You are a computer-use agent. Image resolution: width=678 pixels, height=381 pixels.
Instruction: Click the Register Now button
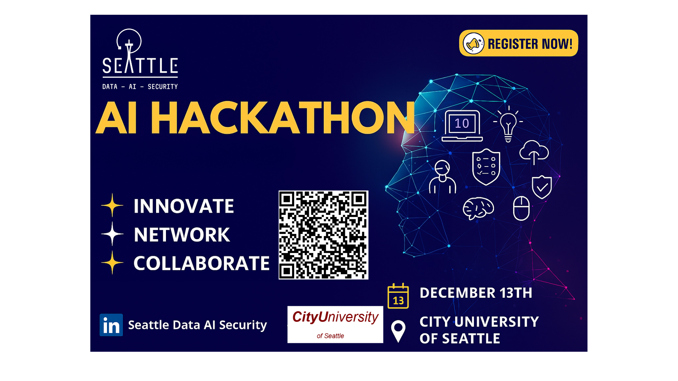pos(518,43)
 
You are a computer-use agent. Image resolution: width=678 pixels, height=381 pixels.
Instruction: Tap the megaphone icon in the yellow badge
pos(473,43)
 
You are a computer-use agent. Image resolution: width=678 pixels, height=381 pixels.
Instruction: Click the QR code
pos(323,235)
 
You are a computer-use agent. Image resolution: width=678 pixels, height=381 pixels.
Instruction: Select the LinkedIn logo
pos(111,325)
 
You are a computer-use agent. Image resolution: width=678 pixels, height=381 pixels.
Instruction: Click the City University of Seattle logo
pos(335,325)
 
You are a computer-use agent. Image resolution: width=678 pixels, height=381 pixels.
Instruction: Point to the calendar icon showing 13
pos(398,296)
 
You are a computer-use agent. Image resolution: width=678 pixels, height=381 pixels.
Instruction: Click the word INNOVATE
pos(184,206)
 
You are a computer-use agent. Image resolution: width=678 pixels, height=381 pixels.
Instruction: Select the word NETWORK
pos(182,235)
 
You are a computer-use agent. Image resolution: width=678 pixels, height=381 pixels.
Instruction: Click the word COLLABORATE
pos(202,263)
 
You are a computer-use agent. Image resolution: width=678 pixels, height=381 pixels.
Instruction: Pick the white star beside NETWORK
pos(112,234)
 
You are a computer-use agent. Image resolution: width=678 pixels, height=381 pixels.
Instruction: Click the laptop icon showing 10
pos(462,126)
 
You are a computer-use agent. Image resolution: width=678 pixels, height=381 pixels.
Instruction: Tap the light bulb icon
pos(508,124)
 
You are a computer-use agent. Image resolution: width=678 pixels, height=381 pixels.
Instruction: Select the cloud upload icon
pos(534,152)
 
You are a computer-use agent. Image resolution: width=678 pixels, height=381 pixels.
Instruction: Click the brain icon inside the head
pos(478,208)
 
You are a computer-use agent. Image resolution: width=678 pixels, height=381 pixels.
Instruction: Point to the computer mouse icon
pos(521,208)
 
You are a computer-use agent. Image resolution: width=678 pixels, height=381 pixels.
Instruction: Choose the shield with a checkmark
pos(542,187)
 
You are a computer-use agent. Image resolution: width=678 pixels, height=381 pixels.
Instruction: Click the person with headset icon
pos(442,177)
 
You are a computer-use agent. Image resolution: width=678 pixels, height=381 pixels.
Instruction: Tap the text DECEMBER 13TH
pos(476,293)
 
